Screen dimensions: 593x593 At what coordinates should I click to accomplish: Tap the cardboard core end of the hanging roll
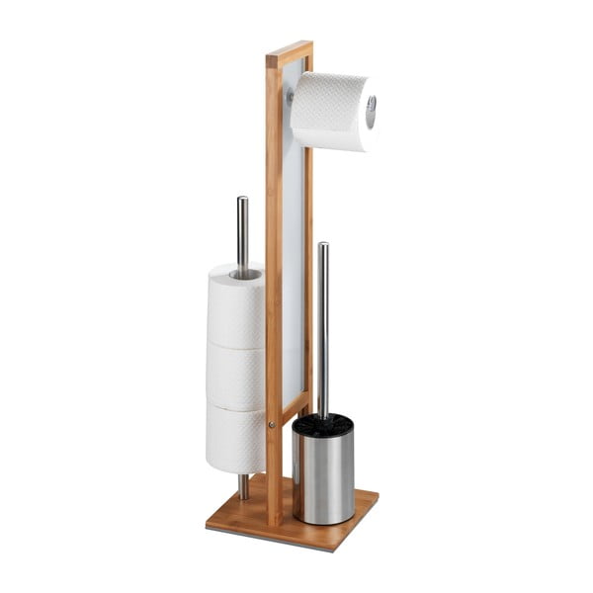click(371, 112)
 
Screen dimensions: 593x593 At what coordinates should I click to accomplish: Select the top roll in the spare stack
click(235, 306)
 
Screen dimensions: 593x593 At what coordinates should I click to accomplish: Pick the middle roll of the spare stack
click(235, 376)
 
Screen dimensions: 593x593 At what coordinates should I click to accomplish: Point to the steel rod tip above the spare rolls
click(242, 204)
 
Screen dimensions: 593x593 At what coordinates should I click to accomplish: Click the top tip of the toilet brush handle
click(322, 247)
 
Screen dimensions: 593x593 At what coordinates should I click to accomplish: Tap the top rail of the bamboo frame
click(289, 51)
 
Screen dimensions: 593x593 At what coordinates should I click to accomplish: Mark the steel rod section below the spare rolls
click(243, 485)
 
